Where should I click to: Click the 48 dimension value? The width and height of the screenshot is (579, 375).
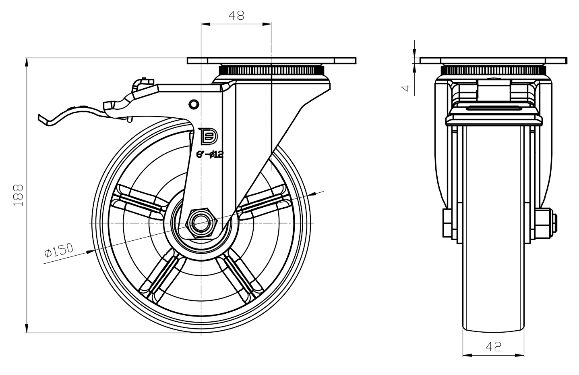click(236, 15)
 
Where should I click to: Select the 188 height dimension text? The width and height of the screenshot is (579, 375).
click(19, 195)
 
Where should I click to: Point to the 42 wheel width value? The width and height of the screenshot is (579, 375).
click(493, 346)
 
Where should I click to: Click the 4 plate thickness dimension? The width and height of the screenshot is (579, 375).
click(407, 87)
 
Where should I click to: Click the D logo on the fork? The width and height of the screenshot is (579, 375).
click(208, 136)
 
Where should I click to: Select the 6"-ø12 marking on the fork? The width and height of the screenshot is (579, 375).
click(209, 154)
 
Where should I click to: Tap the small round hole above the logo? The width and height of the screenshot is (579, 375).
click(194, 104)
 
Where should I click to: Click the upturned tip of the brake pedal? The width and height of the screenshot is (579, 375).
click(41, 118)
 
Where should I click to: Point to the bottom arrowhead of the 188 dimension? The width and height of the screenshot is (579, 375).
click(27, 328)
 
